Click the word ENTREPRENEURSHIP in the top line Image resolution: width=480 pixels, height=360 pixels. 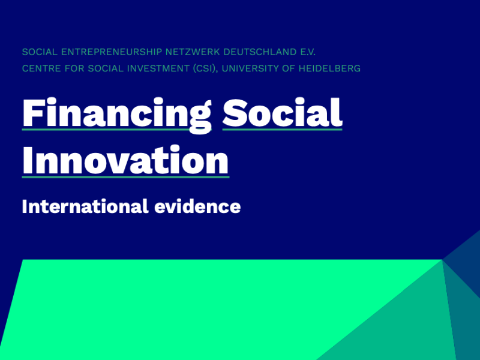[112, 52]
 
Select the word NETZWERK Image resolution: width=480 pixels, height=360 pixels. [193, 52]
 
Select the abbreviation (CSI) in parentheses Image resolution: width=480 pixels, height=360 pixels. [206, 68]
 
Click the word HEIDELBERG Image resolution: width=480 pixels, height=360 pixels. [329, 68]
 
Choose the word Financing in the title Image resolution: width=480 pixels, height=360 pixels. [117, 115]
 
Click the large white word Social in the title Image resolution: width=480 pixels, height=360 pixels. [282, 112]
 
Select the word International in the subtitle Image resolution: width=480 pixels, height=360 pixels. [85, 206]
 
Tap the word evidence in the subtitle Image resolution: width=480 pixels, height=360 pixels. [197, 206]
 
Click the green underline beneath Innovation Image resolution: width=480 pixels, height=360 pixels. [125, 176]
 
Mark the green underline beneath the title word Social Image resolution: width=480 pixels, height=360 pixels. [282, 130]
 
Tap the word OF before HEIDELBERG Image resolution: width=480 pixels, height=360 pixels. [289, 68]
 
